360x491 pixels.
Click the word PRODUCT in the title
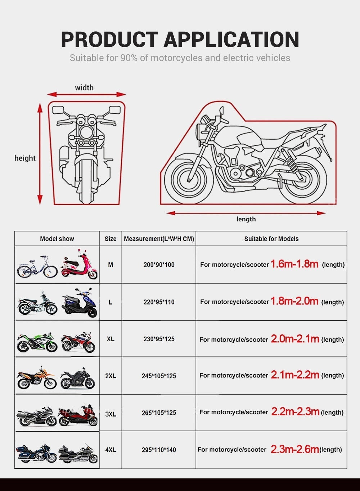pos(109,40)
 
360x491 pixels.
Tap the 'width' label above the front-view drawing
pos(84,88)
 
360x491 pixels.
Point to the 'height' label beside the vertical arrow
pos(25,158)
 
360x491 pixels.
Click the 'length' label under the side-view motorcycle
pos(246,219)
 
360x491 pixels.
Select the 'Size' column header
pos(111,239)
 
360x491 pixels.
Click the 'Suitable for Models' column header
pos(271,239)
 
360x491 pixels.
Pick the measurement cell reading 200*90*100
pos(159,265)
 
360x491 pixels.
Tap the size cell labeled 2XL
pos(111,376)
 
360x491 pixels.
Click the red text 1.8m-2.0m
pos(294,301)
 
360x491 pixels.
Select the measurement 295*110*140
pos(159,450)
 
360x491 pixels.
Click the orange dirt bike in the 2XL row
pos(37,378)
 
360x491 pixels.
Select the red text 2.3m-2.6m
pos(294,449)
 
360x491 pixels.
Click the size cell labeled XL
pos(111,339)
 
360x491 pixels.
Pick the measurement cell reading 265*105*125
pos(159,413)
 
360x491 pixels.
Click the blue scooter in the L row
pos(80,303)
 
